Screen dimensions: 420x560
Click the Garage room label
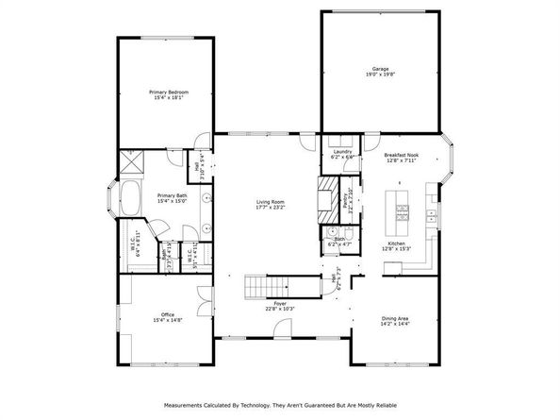point(380,70)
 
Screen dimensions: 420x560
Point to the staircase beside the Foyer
point(263,285)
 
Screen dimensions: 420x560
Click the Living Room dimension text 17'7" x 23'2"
point(271,206)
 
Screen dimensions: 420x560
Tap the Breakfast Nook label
point(402,155)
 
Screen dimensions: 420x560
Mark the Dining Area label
point(395,318)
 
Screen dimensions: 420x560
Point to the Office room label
point(167,314)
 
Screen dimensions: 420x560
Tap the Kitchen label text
point(397,244)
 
